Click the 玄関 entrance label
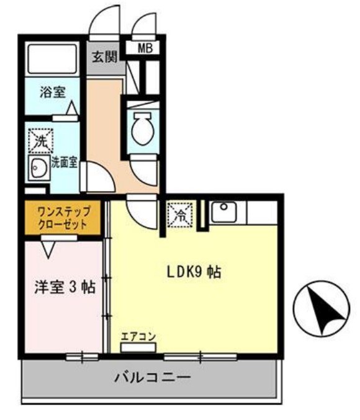104,58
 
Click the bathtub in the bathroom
52,60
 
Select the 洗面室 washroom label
64,163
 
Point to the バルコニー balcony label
151,378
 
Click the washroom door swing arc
97,177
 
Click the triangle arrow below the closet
48,249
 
